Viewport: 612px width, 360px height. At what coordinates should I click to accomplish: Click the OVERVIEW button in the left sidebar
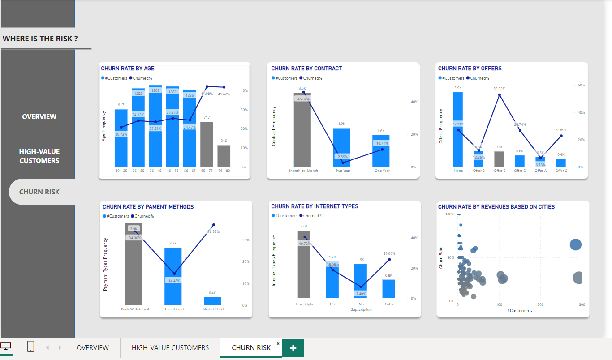[x=39, y=117]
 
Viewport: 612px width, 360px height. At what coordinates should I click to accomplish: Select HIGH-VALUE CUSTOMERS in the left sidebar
[x=39, y=156]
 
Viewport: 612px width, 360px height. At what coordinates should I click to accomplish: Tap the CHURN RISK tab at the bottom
[x=251, y=348]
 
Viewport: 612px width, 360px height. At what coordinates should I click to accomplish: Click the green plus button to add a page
[x=293, y=348]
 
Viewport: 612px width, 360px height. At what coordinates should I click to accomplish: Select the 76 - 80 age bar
[x=224, y=156]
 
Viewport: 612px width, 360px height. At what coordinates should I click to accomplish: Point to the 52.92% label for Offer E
[x=499, y=89]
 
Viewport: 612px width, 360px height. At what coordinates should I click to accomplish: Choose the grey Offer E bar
[x=499, y=159]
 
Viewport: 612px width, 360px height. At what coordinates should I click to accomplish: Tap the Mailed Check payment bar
[x=212, y=301]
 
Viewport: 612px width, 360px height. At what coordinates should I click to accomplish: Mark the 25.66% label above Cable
[x=389, y=253]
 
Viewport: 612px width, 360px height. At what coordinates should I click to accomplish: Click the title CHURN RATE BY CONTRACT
[x=306, y=69]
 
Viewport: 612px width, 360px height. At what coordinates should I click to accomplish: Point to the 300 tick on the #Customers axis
[x=582, y=305]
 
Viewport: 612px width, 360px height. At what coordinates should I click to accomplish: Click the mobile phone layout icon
[x=31, y=347]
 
